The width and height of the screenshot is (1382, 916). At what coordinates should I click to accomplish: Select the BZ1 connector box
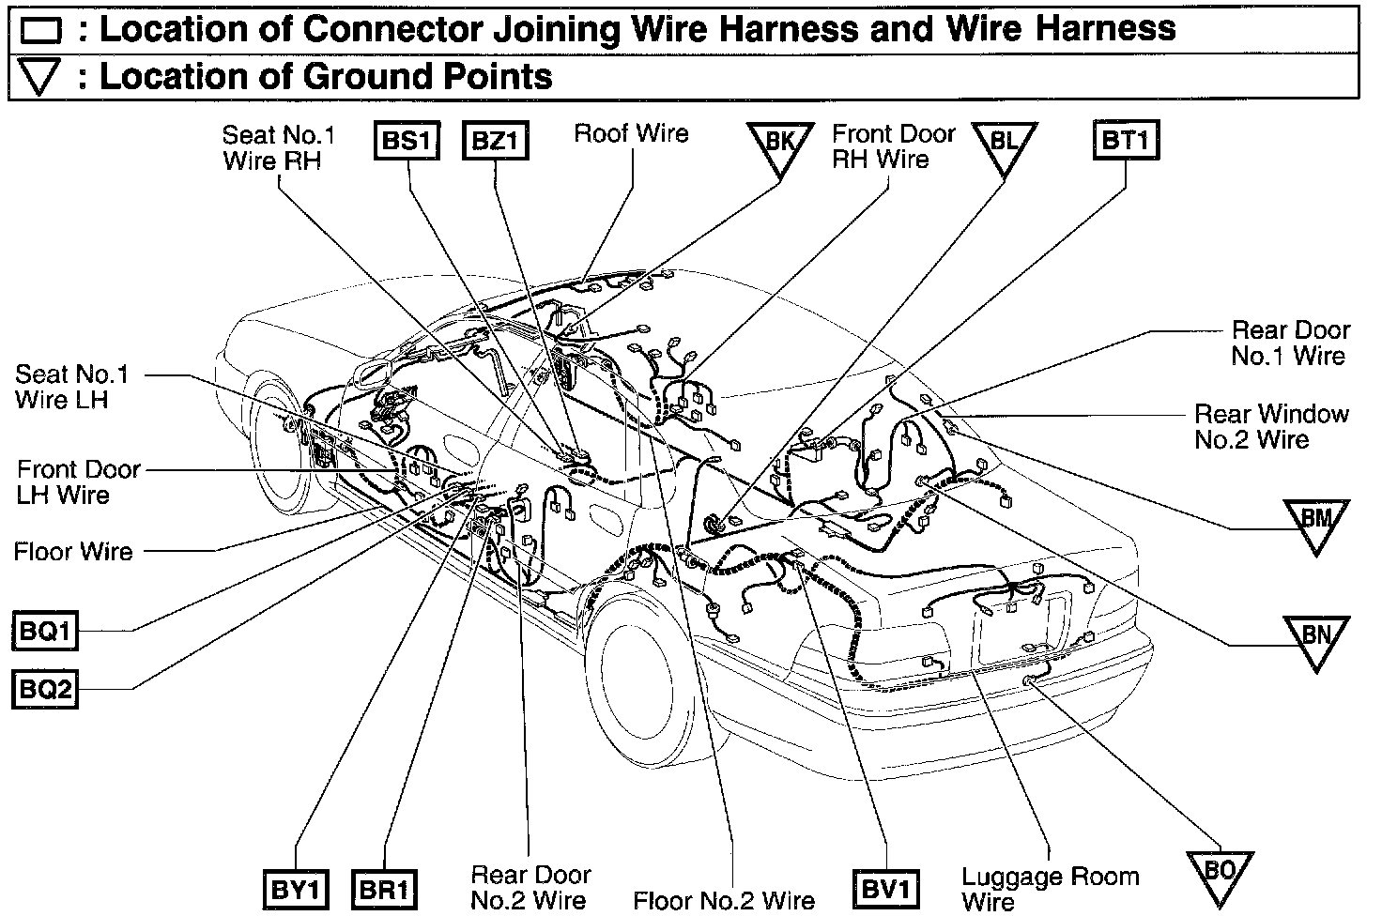pyautogui.click(x=496, y=142)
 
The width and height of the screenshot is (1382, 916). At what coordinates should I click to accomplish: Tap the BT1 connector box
pyautogui.click(x=1126, y=142)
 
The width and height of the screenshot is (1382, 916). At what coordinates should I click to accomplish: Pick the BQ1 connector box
pyautogui.click(x=45, y=631)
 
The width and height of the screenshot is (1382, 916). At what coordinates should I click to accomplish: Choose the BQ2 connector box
pyautogui.click(x=45, y=690)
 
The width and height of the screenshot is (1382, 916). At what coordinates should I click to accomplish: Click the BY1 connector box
pyautogui.click(x=296, y=889)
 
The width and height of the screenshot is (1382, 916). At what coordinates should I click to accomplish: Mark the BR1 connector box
pyautogui.click(x=384, y=889)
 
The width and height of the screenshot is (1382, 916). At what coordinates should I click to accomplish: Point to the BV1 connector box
pyautogui.click(x=885, y=889)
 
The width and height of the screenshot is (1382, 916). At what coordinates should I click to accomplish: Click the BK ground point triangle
pyautogui.click(x=780, y=145)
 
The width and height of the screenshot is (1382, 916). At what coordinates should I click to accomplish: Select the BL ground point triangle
pyautogui.click(x=1004, y=145)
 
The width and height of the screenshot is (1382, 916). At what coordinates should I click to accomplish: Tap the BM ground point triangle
pyautogui.click(x=1316, y=522)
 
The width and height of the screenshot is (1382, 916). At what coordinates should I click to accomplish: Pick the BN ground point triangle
pyautogui.click(x=1316, y=639)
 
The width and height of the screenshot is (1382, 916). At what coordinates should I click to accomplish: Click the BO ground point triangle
pyautogui.click(x=1220, y=874)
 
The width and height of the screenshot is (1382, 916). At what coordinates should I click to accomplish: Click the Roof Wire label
pyautogui.click(x=631, y=133)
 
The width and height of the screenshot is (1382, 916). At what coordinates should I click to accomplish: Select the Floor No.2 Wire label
pyautogui.click(x=724, y=901)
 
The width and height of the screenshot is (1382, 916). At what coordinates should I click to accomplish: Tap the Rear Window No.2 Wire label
pyautogui.click(x=1271, y=426)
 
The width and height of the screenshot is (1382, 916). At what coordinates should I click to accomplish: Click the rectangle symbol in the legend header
pyautogui.click(x=39, y=32)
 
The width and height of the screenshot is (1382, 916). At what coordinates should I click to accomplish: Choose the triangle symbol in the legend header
pyautogui.click(x=39, y=77)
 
